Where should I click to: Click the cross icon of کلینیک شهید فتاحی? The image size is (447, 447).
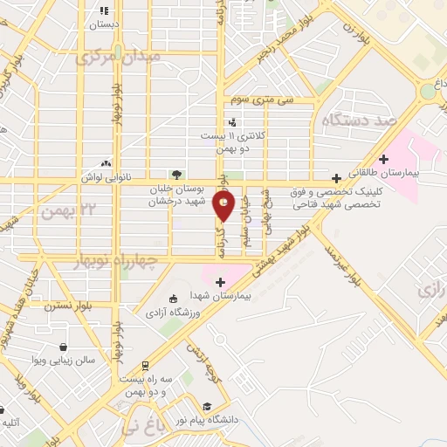point(336,177)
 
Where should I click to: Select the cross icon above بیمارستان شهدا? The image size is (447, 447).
point(220,281)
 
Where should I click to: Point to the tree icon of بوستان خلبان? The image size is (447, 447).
point(177,174)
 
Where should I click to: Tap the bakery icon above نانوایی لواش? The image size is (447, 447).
point(106,162)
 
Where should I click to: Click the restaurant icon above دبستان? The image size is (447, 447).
point(105,11)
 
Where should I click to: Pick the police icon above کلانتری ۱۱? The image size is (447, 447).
point(232,122)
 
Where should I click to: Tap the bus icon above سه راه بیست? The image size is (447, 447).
point(145,366)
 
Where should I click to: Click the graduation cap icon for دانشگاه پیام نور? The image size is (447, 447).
point(207,406)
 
